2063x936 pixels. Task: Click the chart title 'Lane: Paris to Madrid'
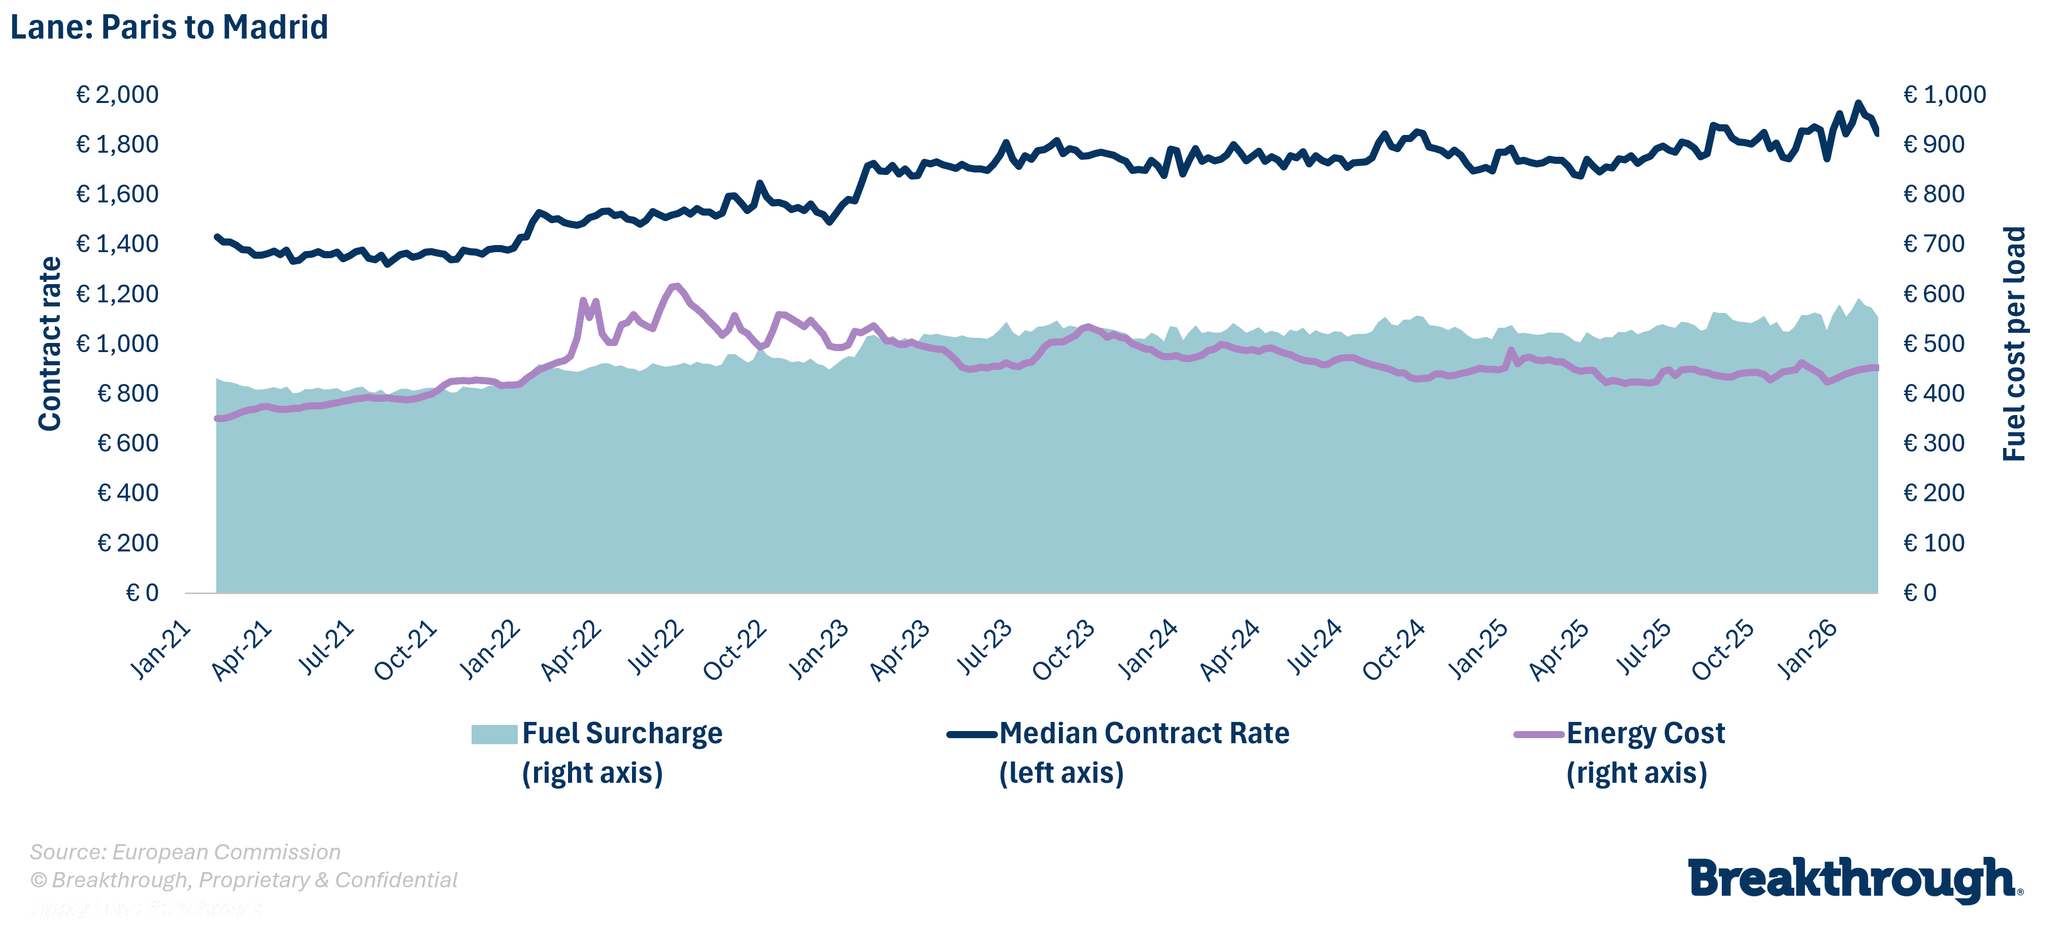[x=169, y=27]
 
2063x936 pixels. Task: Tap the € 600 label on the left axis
[x=127, y=443]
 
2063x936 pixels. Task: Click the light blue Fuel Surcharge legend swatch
[x=494, y=734]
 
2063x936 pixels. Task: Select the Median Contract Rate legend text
[x=1144, y=734]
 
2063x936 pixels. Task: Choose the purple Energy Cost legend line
[x=1539, y=734]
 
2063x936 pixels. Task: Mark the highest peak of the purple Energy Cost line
[x=675, y=286]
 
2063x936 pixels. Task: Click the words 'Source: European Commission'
[x=185, y=852]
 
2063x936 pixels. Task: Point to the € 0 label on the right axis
[x=1920, y=593]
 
